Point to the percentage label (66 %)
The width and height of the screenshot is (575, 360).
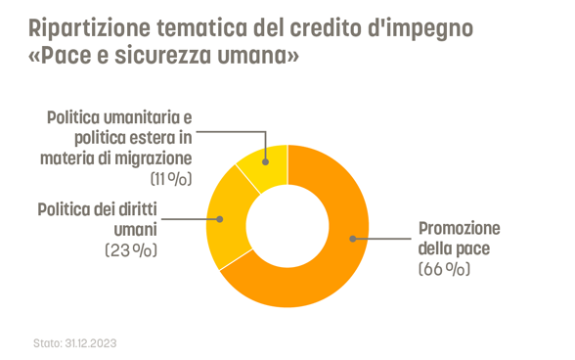(444, 267)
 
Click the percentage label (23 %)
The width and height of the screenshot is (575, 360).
(130, 250)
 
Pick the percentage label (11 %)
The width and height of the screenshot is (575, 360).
(170, 178)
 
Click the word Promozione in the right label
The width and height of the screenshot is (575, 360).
(459, 228)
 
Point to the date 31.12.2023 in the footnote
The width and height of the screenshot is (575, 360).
(91, 343)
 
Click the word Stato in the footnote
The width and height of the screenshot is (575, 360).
(46, 343)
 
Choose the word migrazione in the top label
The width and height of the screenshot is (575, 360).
(155, 157)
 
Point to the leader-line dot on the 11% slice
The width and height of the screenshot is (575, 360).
(264, 161)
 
